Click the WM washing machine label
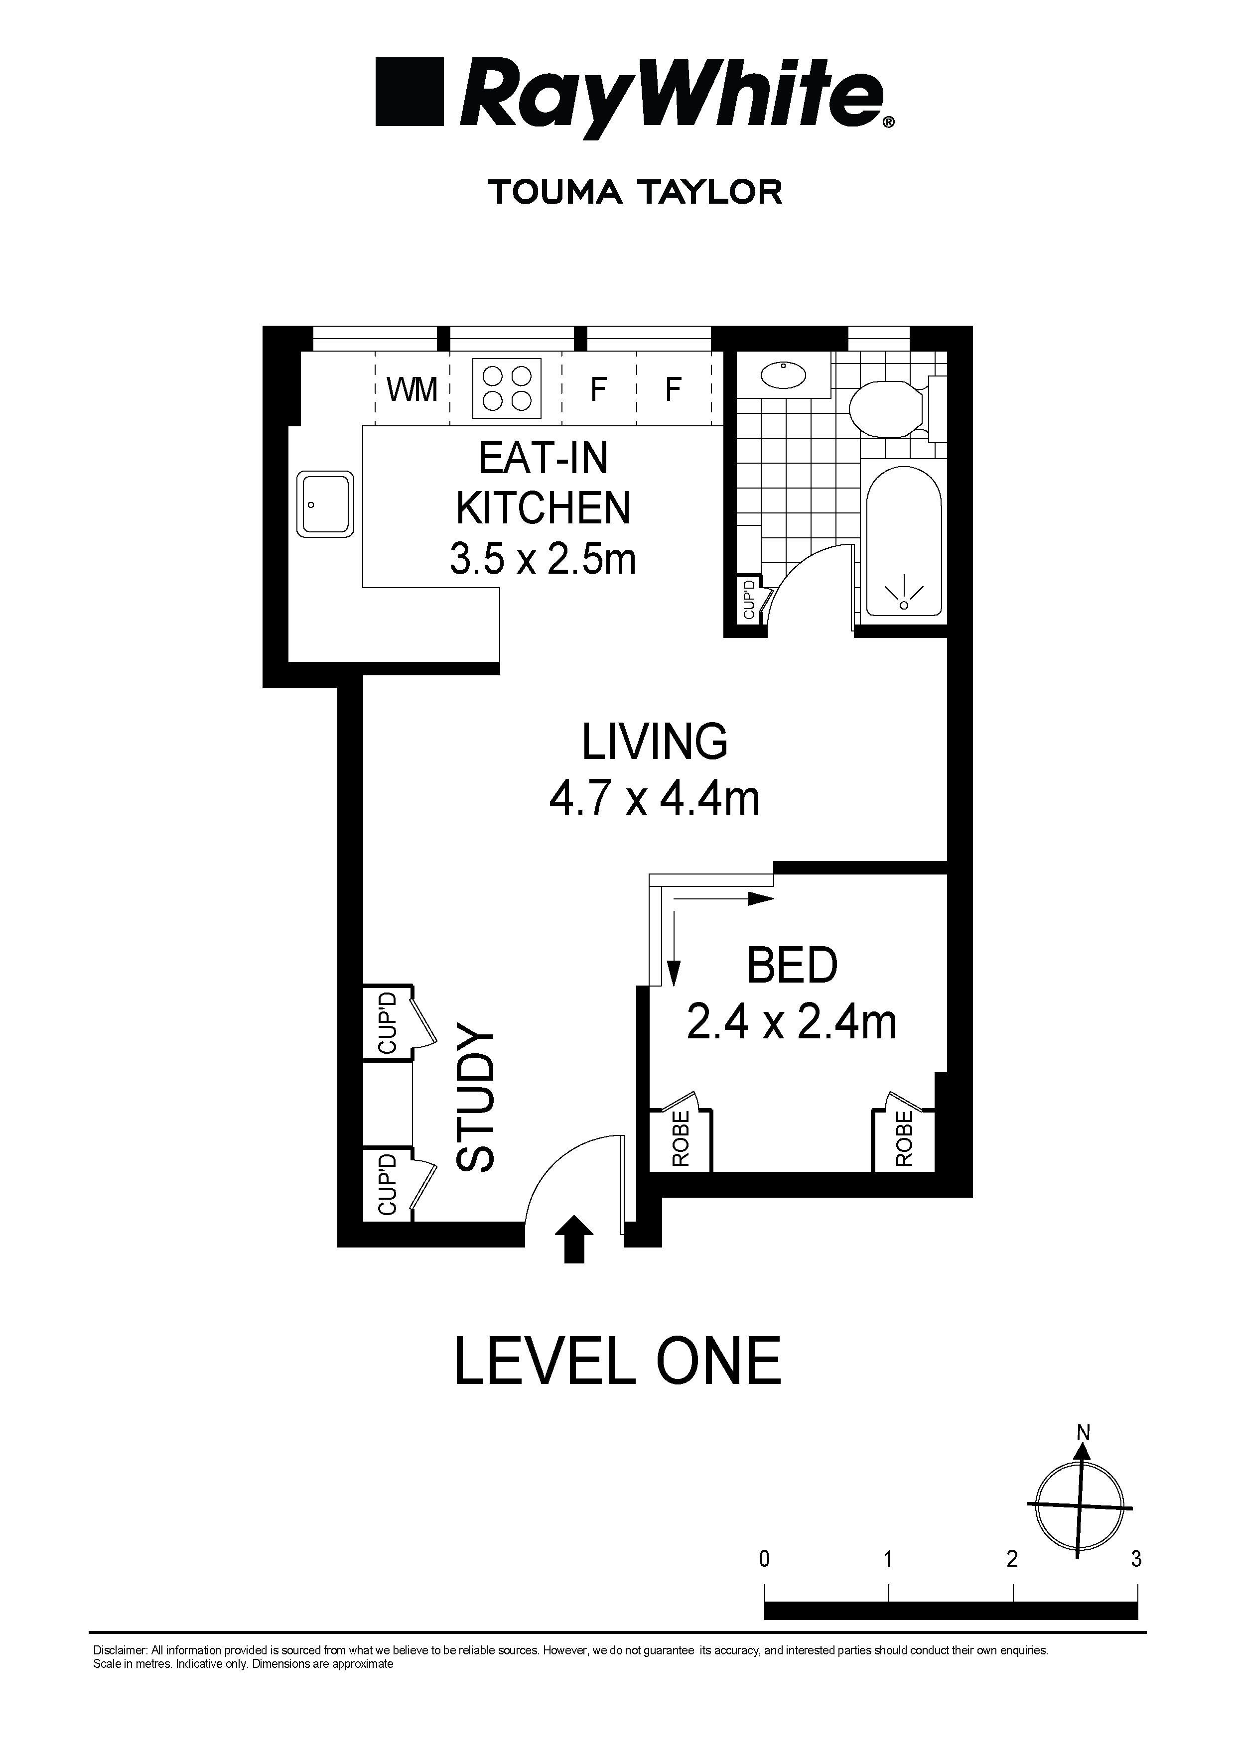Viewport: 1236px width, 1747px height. [412, 389]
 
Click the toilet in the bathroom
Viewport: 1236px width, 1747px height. [885, 408]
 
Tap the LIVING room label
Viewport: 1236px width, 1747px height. [655, 742]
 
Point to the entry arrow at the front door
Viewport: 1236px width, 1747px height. [574, 1239]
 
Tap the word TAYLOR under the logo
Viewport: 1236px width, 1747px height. [709, 192]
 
